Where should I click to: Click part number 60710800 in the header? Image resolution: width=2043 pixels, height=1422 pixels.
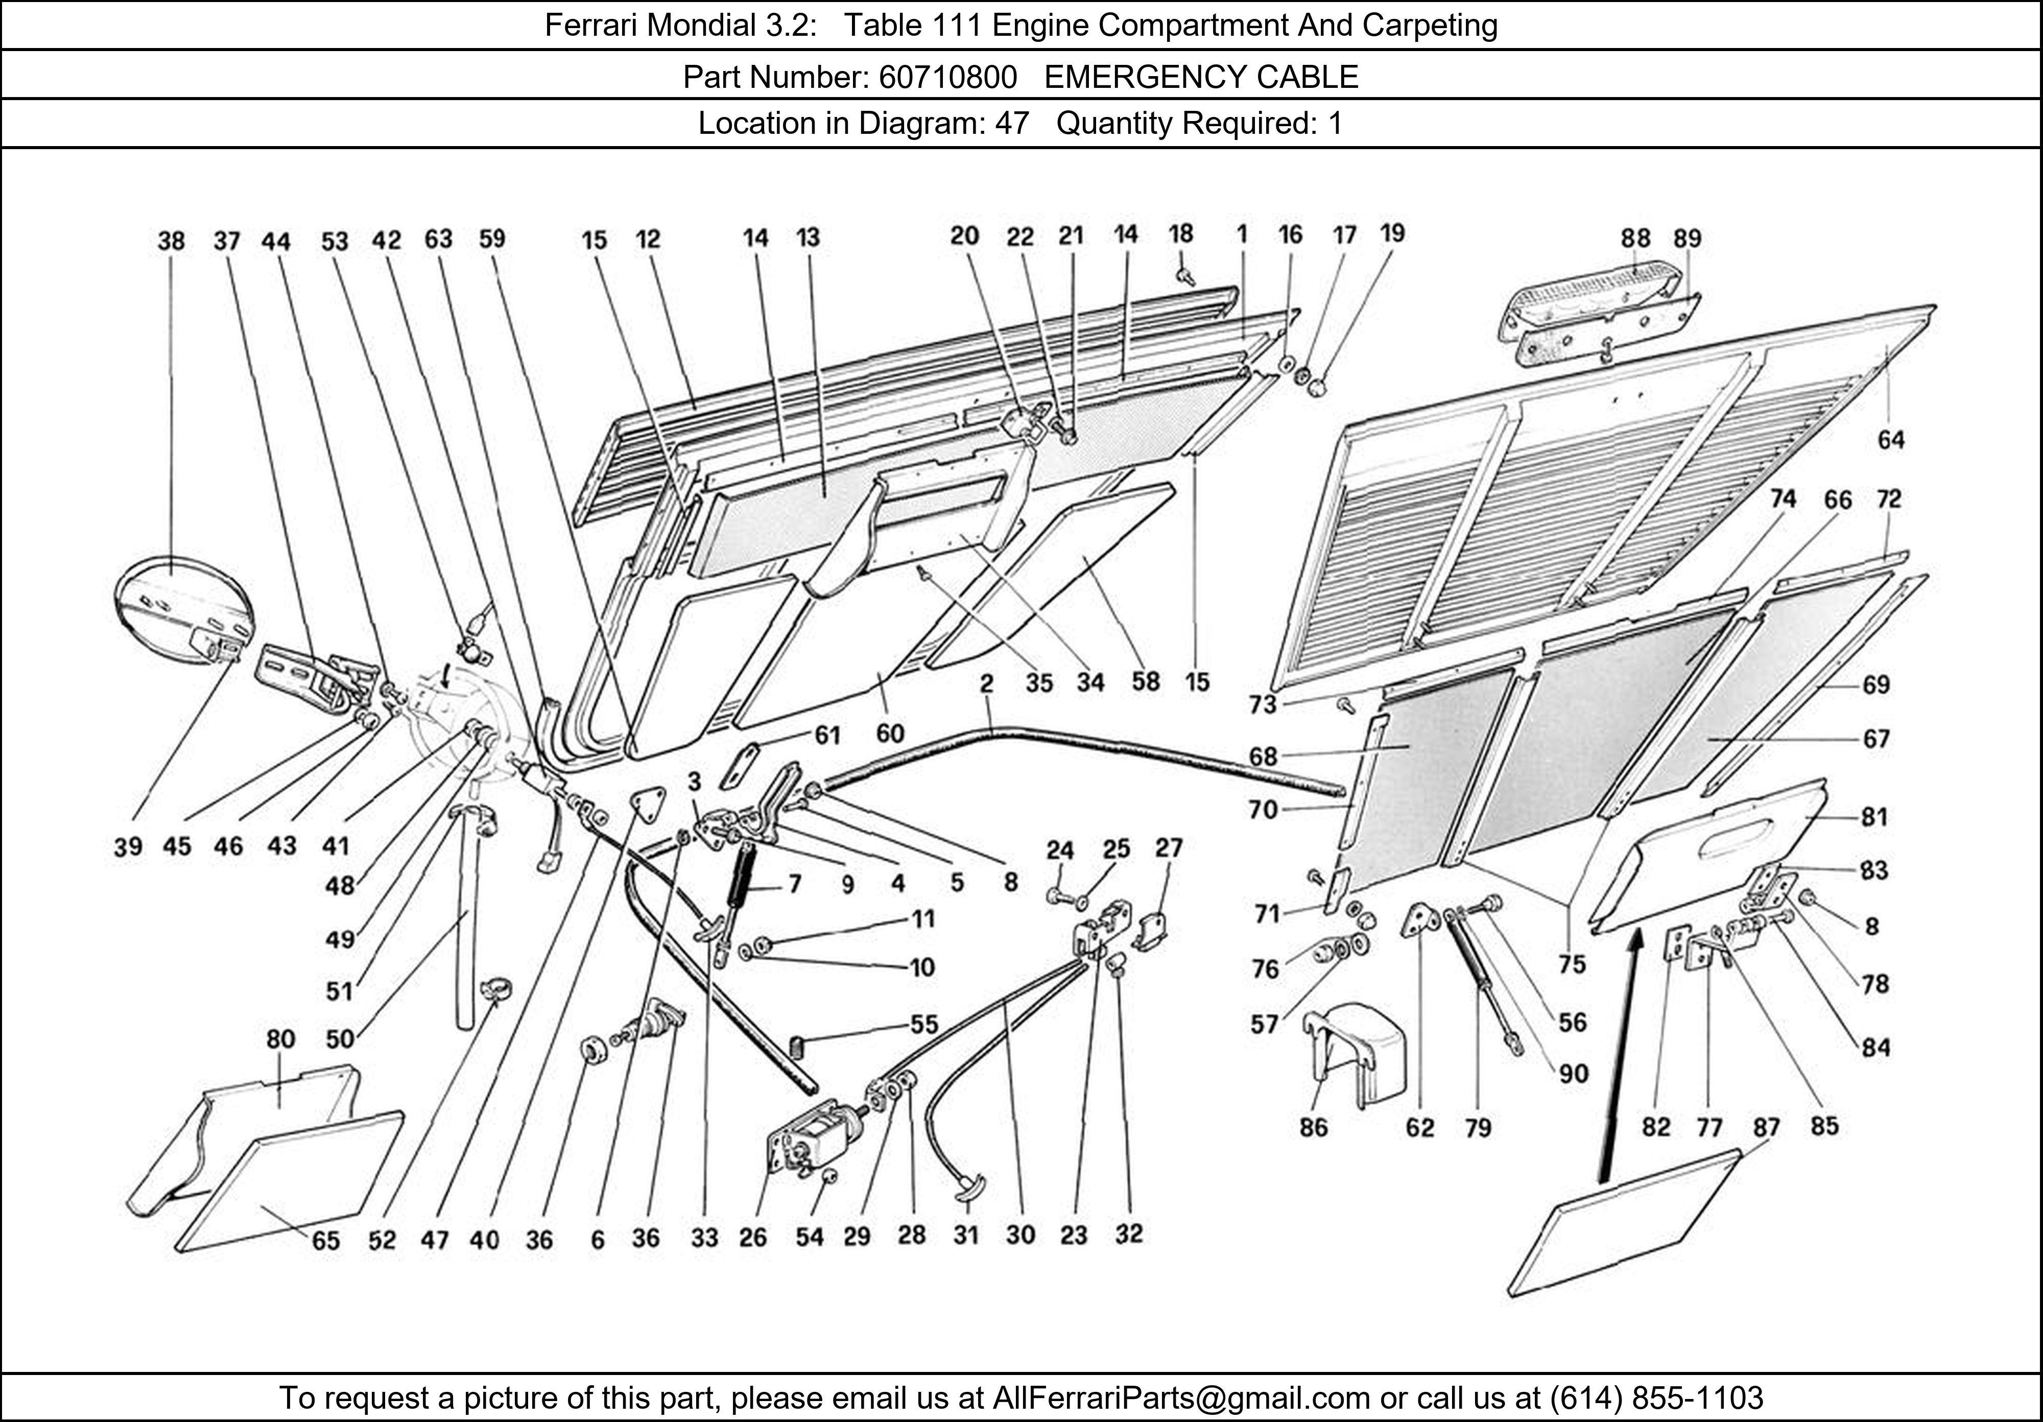947,78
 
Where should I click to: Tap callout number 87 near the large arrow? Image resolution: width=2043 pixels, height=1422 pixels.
1766,1127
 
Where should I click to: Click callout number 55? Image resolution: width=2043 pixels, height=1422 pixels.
923,1024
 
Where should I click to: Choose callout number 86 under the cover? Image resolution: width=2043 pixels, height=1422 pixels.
1313,1127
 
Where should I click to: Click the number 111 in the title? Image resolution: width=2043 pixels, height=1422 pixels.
958,25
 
